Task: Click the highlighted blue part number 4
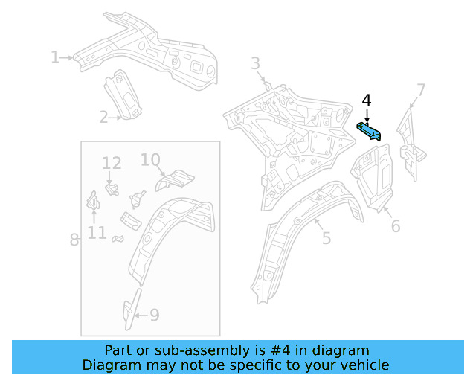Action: pyautogui.click(x=370, y=132)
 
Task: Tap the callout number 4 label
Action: pyautogui.click(x=366, y=100)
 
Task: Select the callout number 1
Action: pyautogui.click(x=54, y=57)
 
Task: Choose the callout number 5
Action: pyautogui.click(x=326, y=237)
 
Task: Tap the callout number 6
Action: pyautogui.click(x=395, y=225)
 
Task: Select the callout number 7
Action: pyautogui.click(x=421, y=91)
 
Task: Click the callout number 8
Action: pyautogui.click(x=74, y=239)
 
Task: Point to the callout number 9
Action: pyautogui.click(x=154, y=315)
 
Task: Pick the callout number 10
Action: pyautogui.click(x=149, y=159)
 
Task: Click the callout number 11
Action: pyautogui.click(x=97, y=233)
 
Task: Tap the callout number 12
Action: pyautogui.click(x=112, y=163)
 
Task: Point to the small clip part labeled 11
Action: pyautogui.click(x=94, y=201)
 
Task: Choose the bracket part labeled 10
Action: pyautogui.click(x=176, y=179)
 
